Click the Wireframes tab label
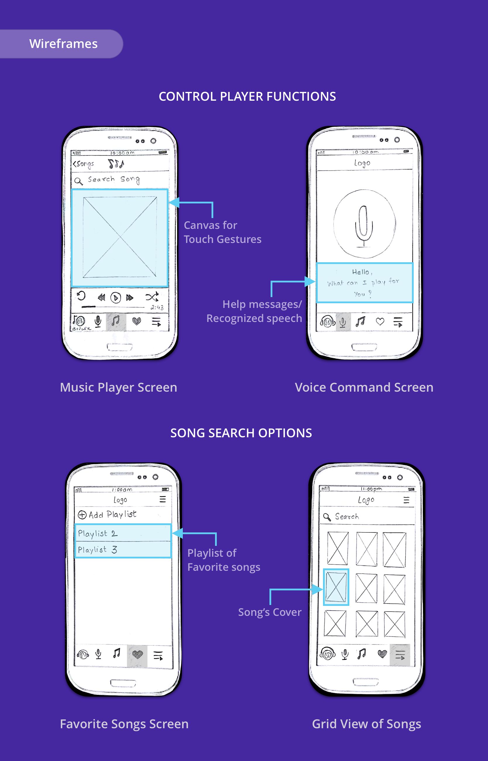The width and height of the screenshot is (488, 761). [63, 44]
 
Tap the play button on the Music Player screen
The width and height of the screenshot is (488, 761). [116, 298]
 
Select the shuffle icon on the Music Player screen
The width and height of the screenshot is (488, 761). [152, 297]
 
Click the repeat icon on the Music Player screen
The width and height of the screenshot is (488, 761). [81, 296]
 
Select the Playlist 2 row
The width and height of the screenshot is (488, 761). [123, 533]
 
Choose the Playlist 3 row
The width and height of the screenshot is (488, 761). [123, 550]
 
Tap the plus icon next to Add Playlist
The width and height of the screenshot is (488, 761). [82, 515]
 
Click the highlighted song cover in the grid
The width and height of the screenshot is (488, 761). [336, 587]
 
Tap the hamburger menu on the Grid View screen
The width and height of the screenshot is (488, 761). [406, 500]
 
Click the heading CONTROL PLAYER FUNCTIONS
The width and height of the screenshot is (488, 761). [247, 96]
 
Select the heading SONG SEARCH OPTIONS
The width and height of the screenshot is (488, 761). [241, 433]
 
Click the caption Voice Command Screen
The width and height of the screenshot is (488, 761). [364, 387]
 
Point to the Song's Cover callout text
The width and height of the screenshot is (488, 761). [270, 612]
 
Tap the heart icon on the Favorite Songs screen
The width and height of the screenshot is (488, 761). [137, 654]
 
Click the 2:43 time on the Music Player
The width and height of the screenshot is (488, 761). [157, 307]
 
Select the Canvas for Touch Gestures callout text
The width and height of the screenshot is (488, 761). [222, 232]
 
